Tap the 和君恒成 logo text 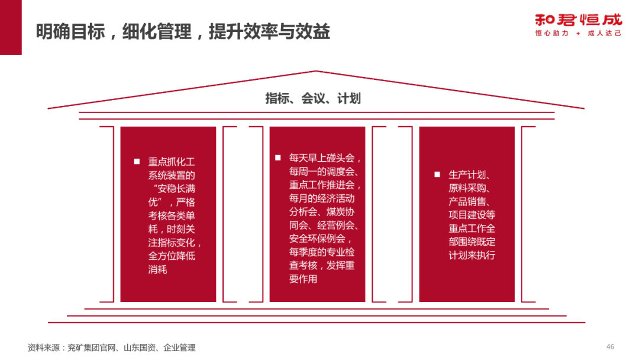[x=578, y=19]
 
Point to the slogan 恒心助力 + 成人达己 [x=578, y=34]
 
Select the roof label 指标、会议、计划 [x=313, y=98]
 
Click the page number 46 [x=611, y=346]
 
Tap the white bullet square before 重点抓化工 [x=137, y=161]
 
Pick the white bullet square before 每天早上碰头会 [x=277, y=157]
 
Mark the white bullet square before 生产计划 [x=437, y=175]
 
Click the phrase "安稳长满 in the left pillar [x=173, y=189]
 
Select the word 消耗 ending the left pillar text [x=157, y=270]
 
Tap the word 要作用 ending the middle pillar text [x=303, y=279]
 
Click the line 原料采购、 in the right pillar [x=468, y=188]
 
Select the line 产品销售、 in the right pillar [x=468, y=202]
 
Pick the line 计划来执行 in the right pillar [x=472, y=256]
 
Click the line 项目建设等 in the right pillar [x=472, y=216]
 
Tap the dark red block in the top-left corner [x=11, y=27]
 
